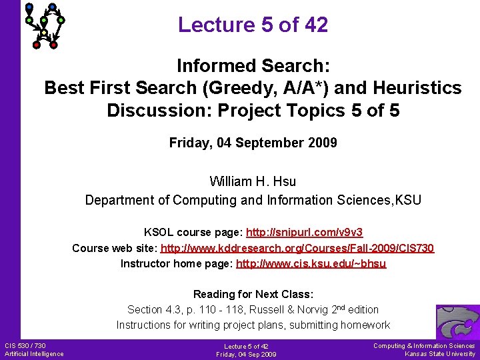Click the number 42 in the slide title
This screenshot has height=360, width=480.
(x=314, y=25)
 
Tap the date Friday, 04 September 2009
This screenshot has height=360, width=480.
(x=253, y=143)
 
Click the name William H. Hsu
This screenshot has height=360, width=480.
(x=253, y=181)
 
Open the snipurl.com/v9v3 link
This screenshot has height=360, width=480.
(x=304, y=233)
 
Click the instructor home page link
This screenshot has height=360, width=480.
(x=311, y=263)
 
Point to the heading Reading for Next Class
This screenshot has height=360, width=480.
(x=253, y=294)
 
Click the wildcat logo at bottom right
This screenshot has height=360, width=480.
(x=457, y=322)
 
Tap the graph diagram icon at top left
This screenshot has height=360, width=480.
(x=45, y=25)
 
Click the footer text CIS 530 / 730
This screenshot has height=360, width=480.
(x=25, y=345)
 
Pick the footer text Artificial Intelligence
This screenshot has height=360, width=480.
(x=34, y=354)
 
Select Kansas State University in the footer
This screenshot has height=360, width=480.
(x=440, y=354)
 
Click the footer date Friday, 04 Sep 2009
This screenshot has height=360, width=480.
(x=246, y=355)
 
